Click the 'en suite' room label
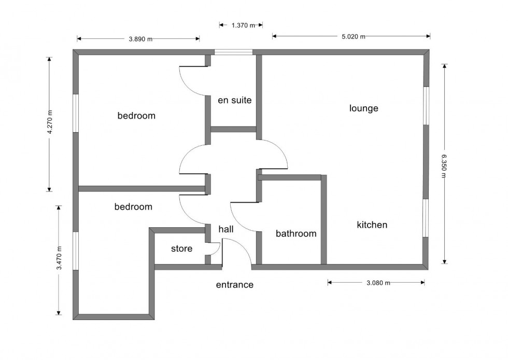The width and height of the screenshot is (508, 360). click(x=234, y=100)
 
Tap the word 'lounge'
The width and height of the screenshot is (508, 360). click(x=363, y=108)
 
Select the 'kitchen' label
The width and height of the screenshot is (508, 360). click(x=372, y=225)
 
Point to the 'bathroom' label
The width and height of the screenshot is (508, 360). click(x=295, y=233)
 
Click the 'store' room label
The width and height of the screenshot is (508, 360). click(x=181, y=249)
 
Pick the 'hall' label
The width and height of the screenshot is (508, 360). click(x=226, y=229)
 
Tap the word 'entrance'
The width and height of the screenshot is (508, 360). click(x=234, y=285)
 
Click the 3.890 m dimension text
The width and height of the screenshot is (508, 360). click(x=140, y=38)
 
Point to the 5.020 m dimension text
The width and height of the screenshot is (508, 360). click(x=353, y=36)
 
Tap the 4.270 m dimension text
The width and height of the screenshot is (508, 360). click(x=50, y=123)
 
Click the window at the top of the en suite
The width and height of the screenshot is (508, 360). click(x=234, y=52)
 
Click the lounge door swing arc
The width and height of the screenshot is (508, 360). click(x=277, y=153)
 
